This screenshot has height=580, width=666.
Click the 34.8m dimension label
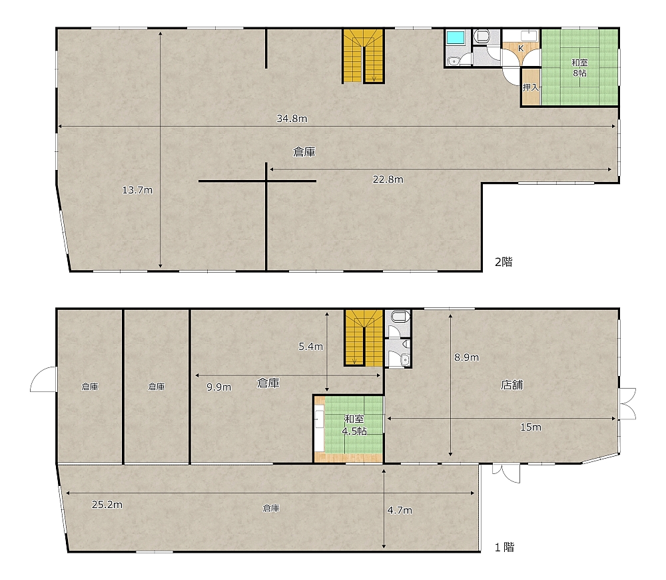[x=292, y=119]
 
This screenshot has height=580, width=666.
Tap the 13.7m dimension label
[x=137, y=190]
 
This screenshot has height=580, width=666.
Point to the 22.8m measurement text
[x=388, y=179]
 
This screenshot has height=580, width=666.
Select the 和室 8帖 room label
[x=580, y=67]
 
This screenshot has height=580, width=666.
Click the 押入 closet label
[x=531, y=87]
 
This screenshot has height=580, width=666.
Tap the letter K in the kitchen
[x=521, y=49]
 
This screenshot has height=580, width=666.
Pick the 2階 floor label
[x=503, y=262]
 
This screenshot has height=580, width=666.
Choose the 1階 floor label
[x=504, y=547]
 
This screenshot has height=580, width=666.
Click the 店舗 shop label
[x=511, y=385]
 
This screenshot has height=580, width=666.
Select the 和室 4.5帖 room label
[x=354, y=425]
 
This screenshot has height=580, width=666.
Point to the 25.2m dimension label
[x=107, y=505]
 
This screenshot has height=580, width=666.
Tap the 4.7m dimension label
[x=400, y=510]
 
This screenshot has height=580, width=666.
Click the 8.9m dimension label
[x=466, y=357]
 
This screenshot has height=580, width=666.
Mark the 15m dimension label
[x=531, y=427]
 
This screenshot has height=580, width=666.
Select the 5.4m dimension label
[x=310, y=347]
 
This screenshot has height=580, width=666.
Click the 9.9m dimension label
[x=218, y=387]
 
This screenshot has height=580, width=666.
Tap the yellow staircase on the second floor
[x=363, y=56]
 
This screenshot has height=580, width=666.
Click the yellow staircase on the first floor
[x=364, y=338]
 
